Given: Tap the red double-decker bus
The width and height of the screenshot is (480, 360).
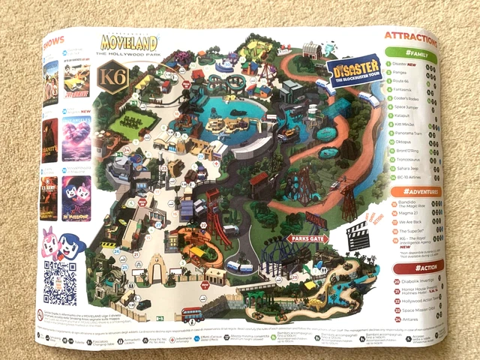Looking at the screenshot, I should tap(193, 314).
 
